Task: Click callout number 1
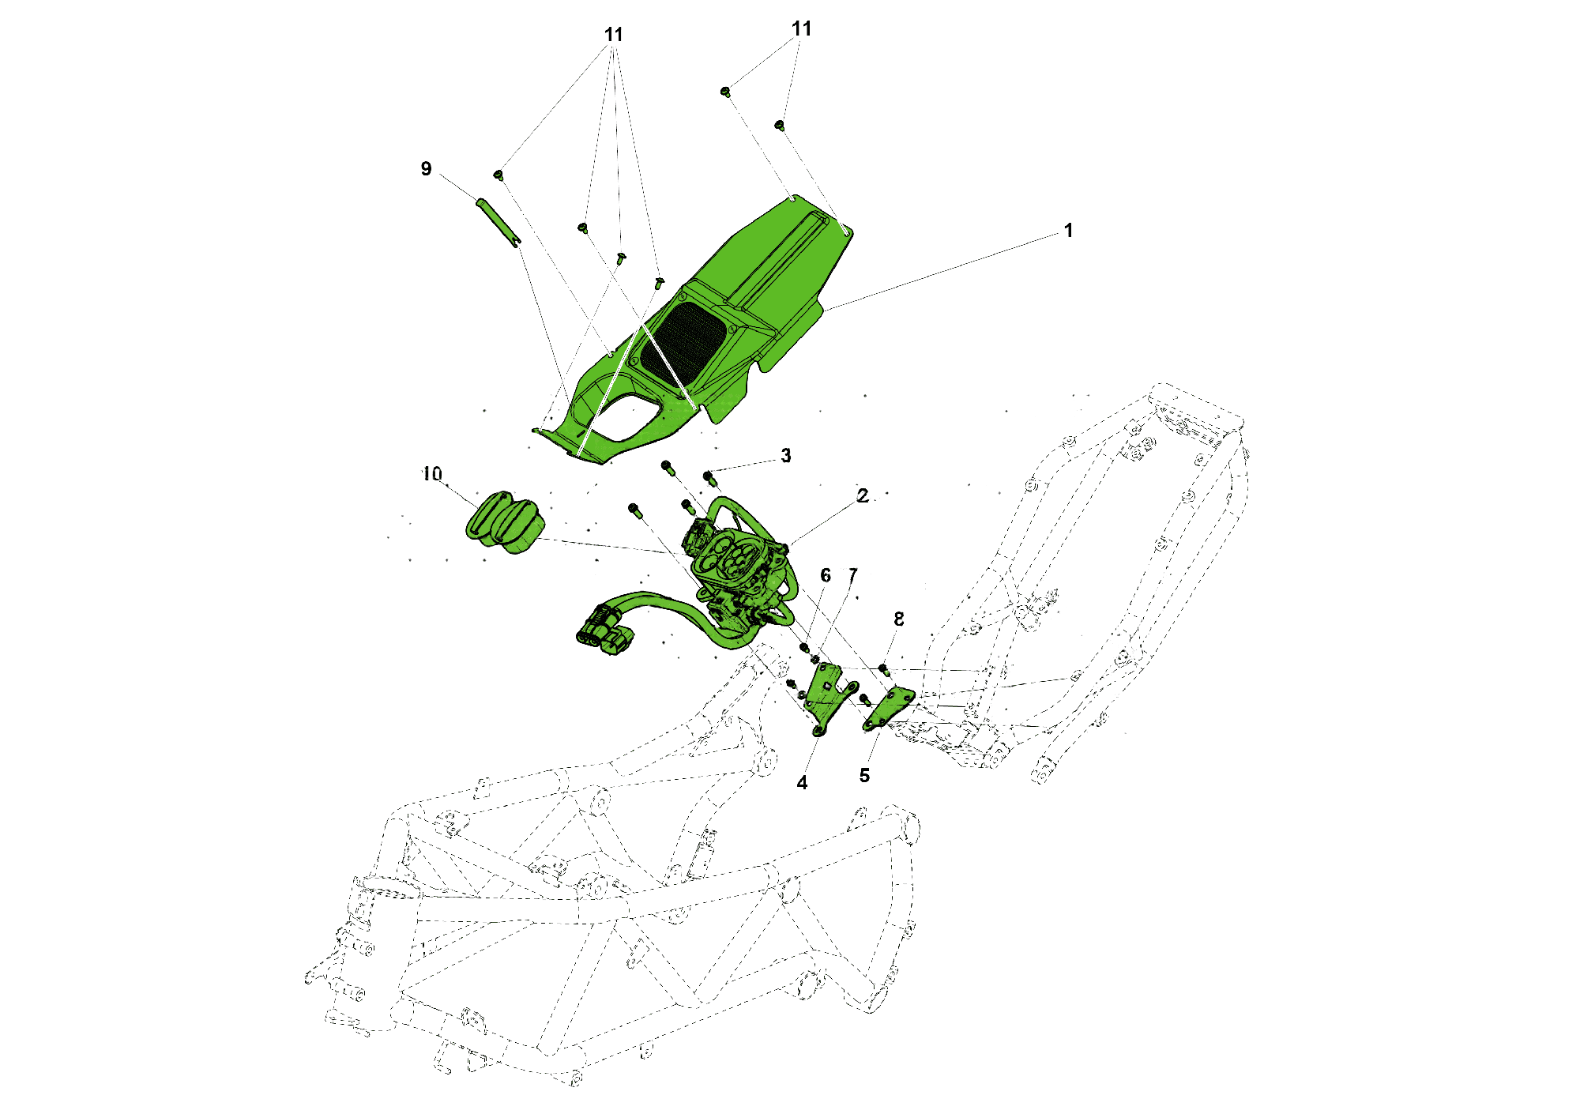[1068, 231]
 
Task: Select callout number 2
[863, 495]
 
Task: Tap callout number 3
[786, 456]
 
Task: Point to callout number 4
[803, 783]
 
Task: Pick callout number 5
[865, 776]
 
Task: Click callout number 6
[826, 576]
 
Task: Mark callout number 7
[853, 575]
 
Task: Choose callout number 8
[899, 619]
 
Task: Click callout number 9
[427, 168]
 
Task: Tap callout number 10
[432, 474]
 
